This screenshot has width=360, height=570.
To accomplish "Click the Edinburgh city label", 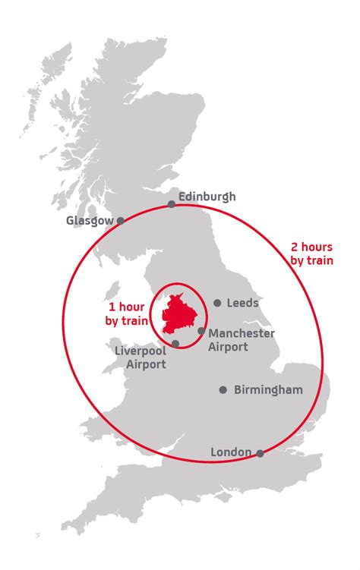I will [207, 197].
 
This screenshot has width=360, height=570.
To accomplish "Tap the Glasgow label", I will [90, 221].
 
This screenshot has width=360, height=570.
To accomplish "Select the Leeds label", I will [242, 303].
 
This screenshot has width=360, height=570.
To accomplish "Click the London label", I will [231, 452].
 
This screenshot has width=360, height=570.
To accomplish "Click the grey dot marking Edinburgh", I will [172, 203].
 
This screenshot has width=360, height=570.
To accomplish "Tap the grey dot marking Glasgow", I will [120, 221].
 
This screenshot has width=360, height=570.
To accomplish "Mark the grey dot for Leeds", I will [217, 303].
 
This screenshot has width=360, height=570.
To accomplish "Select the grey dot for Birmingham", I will [223, 390].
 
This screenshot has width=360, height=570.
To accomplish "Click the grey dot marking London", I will [260, 453].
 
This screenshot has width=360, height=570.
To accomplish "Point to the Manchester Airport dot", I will [201, 331].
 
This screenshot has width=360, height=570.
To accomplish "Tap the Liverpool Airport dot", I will [175, 344].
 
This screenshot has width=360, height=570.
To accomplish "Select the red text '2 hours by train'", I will [311, 254].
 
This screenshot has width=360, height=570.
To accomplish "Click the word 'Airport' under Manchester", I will [228, 347].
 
